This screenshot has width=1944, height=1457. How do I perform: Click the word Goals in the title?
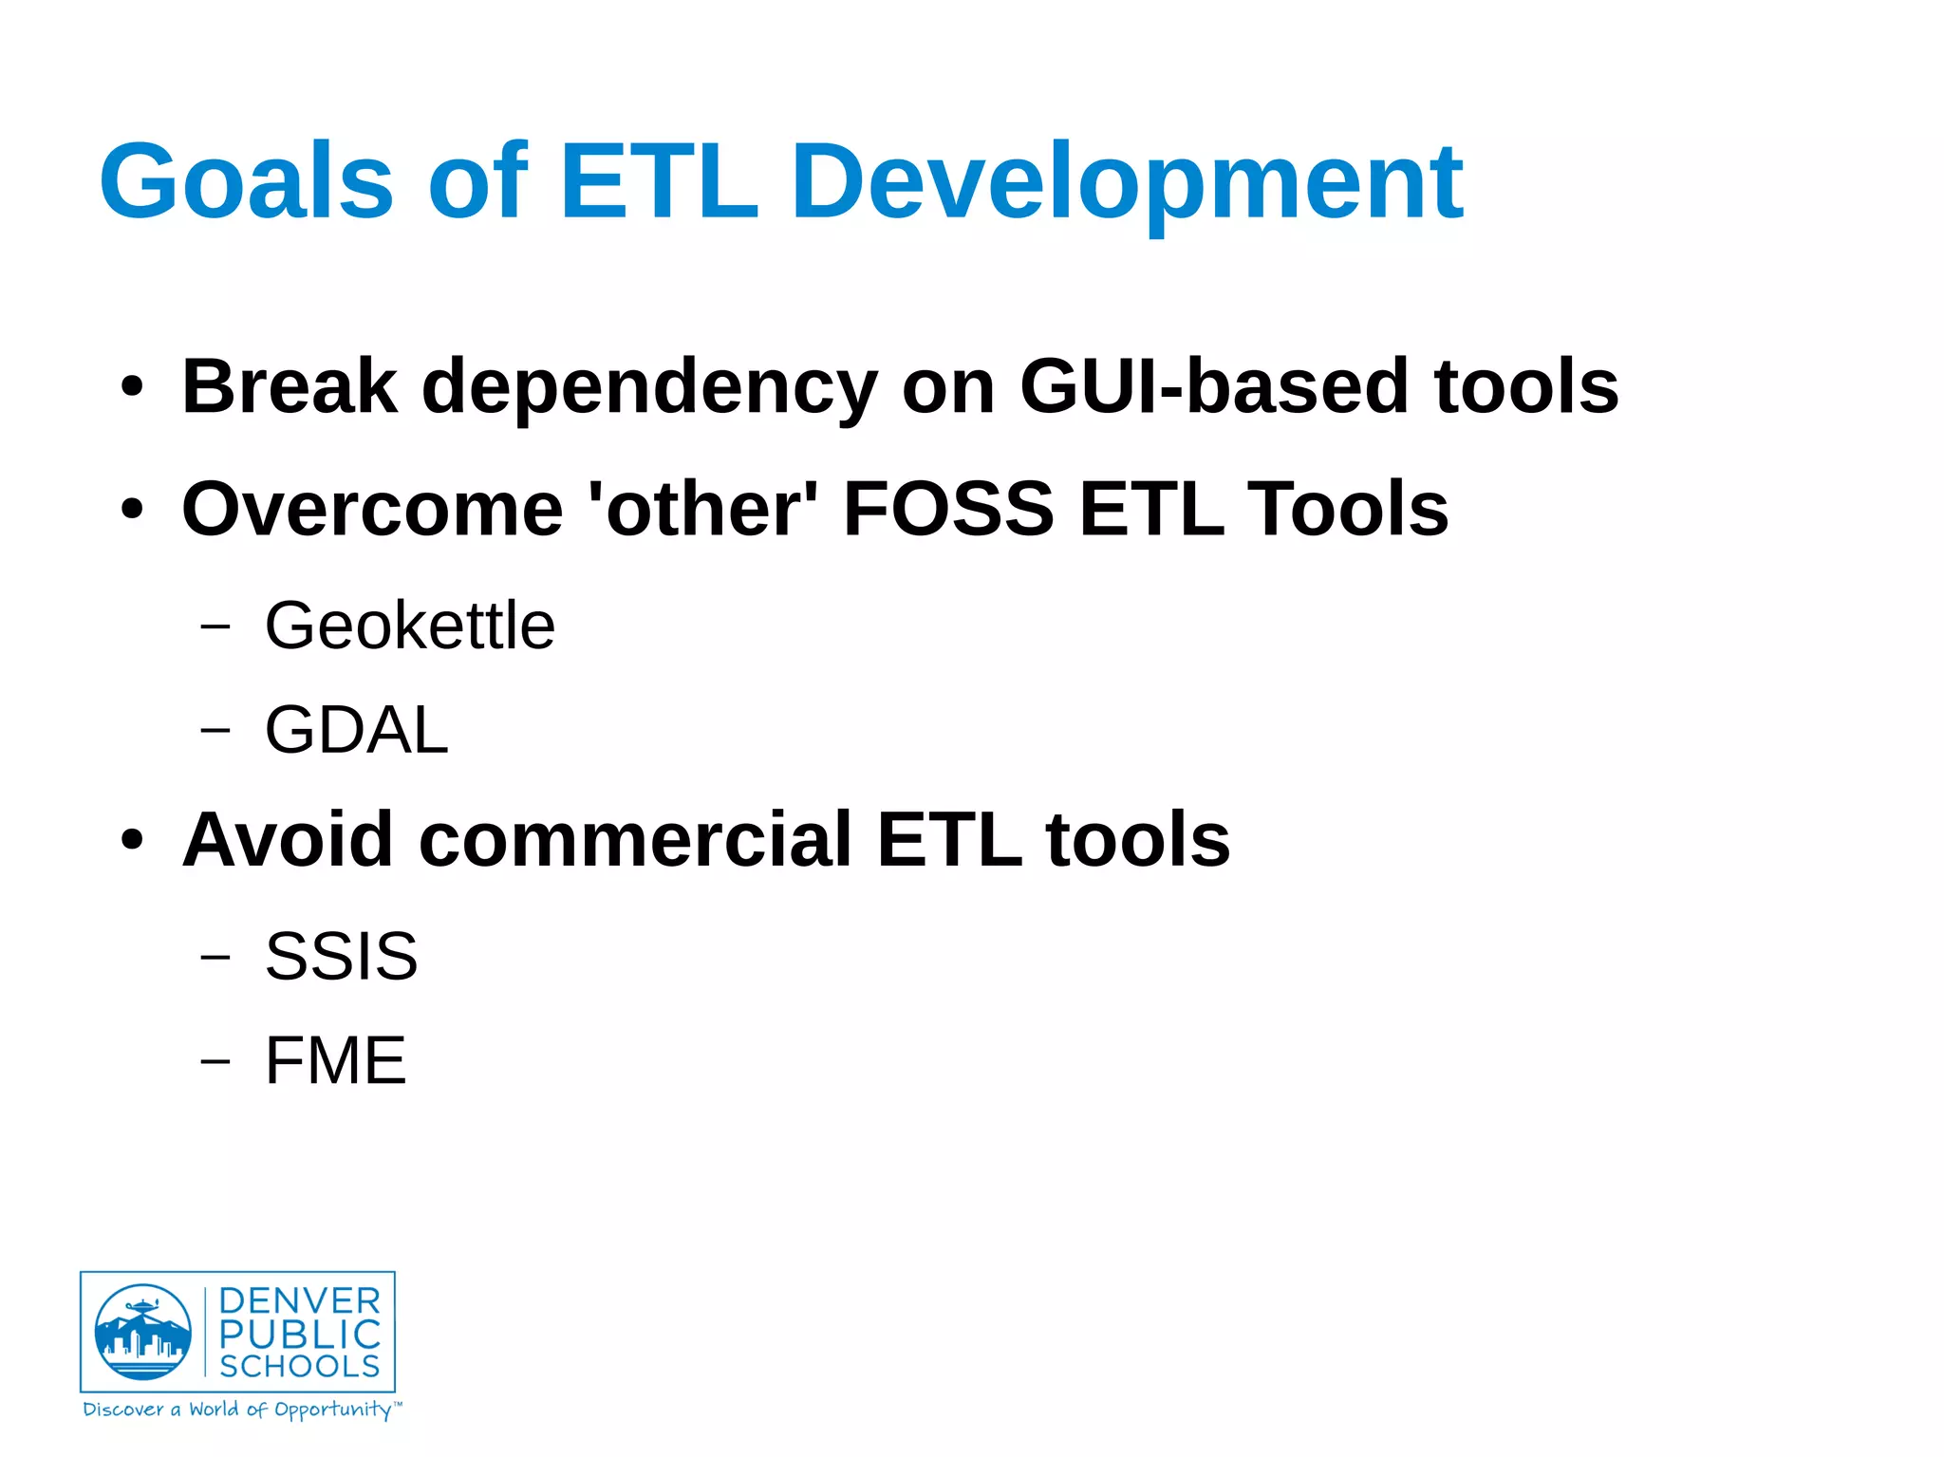coord(246,180)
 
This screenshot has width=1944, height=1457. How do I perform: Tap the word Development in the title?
coord(1127,182)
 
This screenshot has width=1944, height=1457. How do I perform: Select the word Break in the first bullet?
coord(290,386)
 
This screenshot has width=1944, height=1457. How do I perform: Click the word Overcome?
coord(372,509)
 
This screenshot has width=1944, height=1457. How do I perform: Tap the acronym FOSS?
coord(947,509)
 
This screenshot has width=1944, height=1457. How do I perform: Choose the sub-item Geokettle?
coord(409,626)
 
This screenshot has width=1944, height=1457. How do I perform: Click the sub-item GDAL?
coord(356,730)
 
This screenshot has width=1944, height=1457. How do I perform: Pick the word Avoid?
coord(288,839)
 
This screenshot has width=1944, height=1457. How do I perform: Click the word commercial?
coord(635,839)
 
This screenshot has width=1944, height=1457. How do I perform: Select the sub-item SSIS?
coord(341,956)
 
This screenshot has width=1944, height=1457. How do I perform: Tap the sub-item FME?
coord(335,1060)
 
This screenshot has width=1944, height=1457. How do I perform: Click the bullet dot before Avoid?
coord(132,840)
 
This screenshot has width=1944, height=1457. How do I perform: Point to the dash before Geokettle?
coord(215,626)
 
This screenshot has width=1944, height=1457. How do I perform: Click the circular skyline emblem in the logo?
coord(142,1332)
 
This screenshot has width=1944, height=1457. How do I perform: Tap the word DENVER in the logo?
coord(300,1300)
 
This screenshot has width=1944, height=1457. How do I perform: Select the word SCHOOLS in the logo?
coord(300,1366)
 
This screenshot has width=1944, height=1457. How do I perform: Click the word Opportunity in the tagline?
coord(332,1410)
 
